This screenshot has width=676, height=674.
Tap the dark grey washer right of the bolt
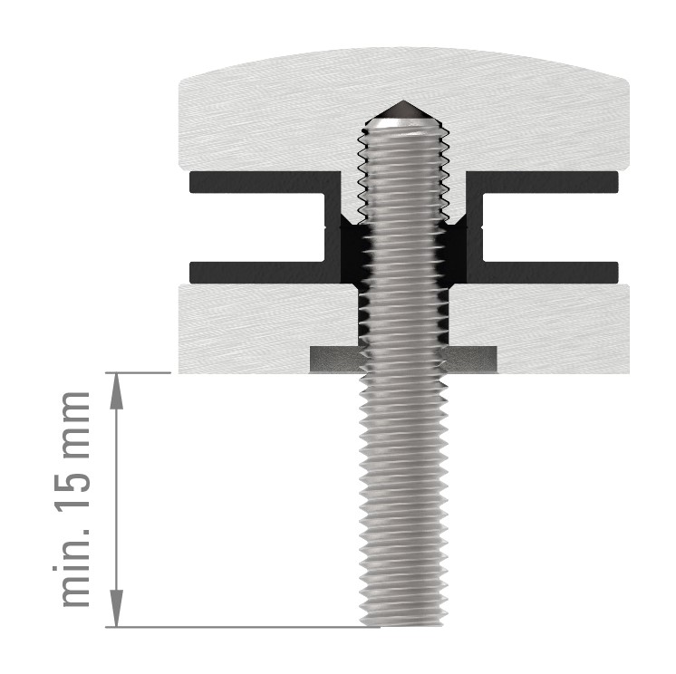click(472, 360)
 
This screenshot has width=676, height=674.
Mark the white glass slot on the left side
click(254, 227)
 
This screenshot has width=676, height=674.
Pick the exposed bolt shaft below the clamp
click(404, 498)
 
